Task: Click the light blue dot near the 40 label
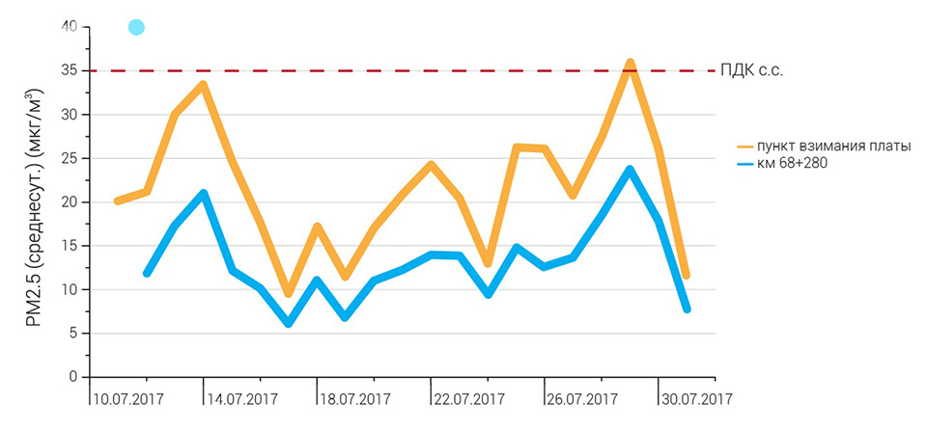pyautogui.click(x=136, y=27)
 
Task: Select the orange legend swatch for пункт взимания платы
pyautogui.click(x=744, y=146)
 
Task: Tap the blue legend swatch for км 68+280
pyautogui.click(x=744, y=163)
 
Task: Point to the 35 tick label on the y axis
pyautogui.click(x=68, y=70)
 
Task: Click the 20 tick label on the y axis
pyautogui.click(x=68, y=202)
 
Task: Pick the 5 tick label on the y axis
pyautogui.click(x=72, y=333)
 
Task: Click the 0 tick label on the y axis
pyautogui.click(x=72, y=377)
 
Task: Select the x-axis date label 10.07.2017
pyautogui.click(x=127, y=398)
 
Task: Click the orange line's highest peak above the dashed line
pyautogui.click(x=630, y=64)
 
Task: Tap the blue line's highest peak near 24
pyautogui.click(x=630, y=170)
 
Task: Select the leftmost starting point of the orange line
pyautogui.click(x=117, y=201)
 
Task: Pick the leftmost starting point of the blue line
pyautogui.click(x=147, y=273)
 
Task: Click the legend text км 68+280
pyautogui.click(x=794, y=163)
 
